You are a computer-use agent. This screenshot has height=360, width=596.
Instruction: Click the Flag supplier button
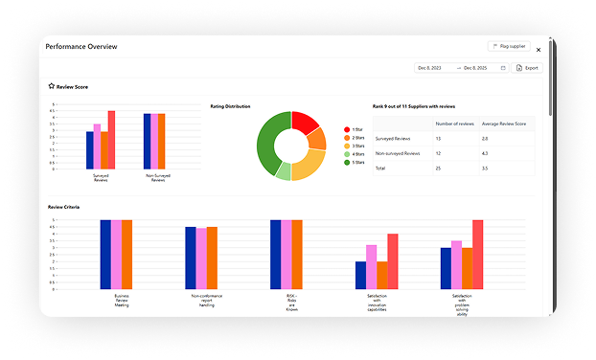508,46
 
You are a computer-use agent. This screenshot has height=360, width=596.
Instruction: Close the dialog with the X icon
539,49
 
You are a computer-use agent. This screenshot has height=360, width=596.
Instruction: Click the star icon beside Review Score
52,86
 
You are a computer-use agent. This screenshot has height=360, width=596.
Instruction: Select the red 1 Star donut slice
305,123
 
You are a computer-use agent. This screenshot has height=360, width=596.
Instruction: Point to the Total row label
381,168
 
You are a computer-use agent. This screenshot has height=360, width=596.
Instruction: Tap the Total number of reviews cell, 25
439,168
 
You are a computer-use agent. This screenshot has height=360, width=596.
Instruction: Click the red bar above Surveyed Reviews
111,140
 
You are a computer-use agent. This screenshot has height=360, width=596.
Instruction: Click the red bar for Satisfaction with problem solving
477,254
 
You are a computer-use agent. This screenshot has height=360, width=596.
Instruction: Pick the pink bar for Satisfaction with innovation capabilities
371,266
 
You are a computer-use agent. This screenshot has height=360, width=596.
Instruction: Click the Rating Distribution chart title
230,106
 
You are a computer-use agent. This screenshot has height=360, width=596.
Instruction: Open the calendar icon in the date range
502,68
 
